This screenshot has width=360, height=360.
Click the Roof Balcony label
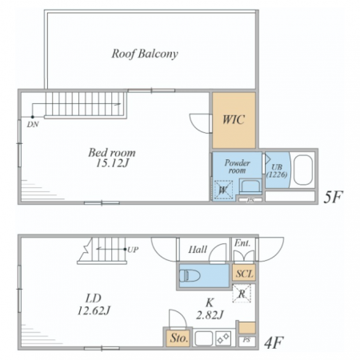coord(145,54)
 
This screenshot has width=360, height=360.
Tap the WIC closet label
coord(234,120)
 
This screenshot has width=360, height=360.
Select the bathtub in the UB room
coord(303,170)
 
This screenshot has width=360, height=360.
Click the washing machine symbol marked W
coord(223,190)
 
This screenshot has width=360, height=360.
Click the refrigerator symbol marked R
coord(242,294)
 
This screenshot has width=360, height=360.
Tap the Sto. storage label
coord(179,338)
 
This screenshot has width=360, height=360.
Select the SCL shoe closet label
coord(245,274)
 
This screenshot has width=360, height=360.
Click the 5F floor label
coord(333,198)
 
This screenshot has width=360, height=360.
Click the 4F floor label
coord(274,343)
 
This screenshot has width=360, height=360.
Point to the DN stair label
coord(33,124)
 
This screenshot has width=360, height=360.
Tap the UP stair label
coord(133,250)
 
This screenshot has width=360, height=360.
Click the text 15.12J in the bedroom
coord(112,163)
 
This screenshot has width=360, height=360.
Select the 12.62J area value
coord(94,310)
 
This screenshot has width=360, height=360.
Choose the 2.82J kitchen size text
coord(210,315)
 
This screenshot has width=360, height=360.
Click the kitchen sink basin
coord(204,338)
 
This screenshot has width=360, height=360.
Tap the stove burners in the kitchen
coord(223,338)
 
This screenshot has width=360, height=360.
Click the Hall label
coord(198,250)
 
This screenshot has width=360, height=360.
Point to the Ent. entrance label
coord(242,243)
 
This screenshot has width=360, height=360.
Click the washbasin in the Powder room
coord(250,186)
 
